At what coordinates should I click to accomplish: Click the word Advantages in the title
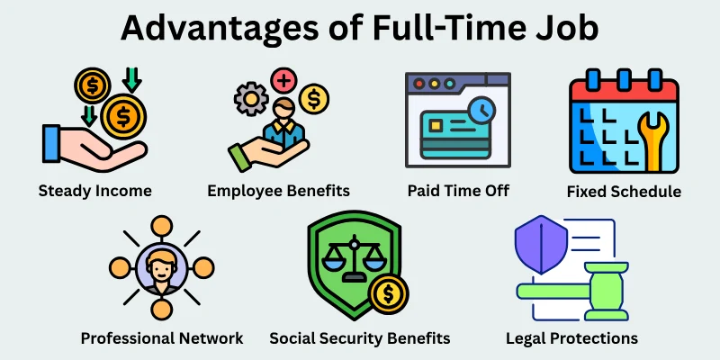click(x=216, y=30)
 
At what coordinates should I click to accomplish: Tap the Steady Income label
click(x=94, y=191)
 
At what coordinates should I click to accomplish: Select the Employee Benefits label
click(x=278, y=191)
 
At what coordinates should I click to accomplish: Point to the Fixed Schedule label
click(x=624, y=192)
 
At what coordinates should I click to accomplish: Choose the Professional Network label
click(x=162, y=338)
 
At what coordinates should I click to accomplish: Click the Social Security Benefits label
click(x=360, y=338)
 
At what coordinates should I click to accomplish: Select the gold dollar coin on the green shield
click(x=389, y=292)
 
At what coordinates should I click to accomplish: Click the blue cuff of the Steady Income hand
click(x=51, y=144)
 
